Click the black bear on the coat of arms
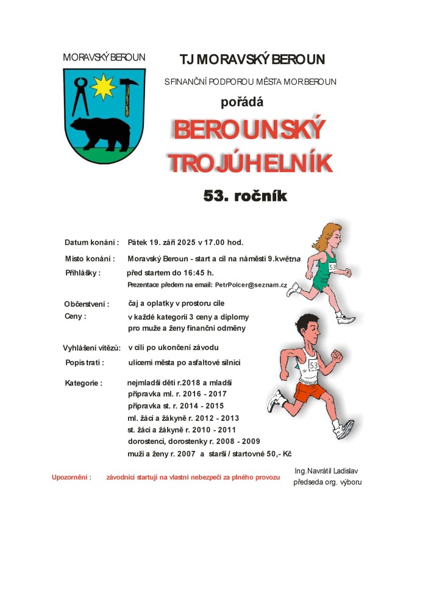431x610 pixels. pos(100,131)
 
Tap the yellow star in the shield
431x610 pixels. pos(104,87)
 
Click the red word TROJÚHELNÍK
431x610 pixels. pos(250,163)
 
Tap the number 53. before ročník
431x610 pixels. pos(218,196)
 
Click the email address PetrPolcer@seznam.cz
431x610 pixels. pos(251,285)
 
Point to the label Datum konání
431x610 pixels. pos(91,242)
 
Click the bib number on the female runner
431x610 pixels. pos(332,267)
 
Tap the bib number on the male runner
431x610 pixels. pos(314,365)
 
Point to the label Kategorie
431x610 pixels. pos(84,383)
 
